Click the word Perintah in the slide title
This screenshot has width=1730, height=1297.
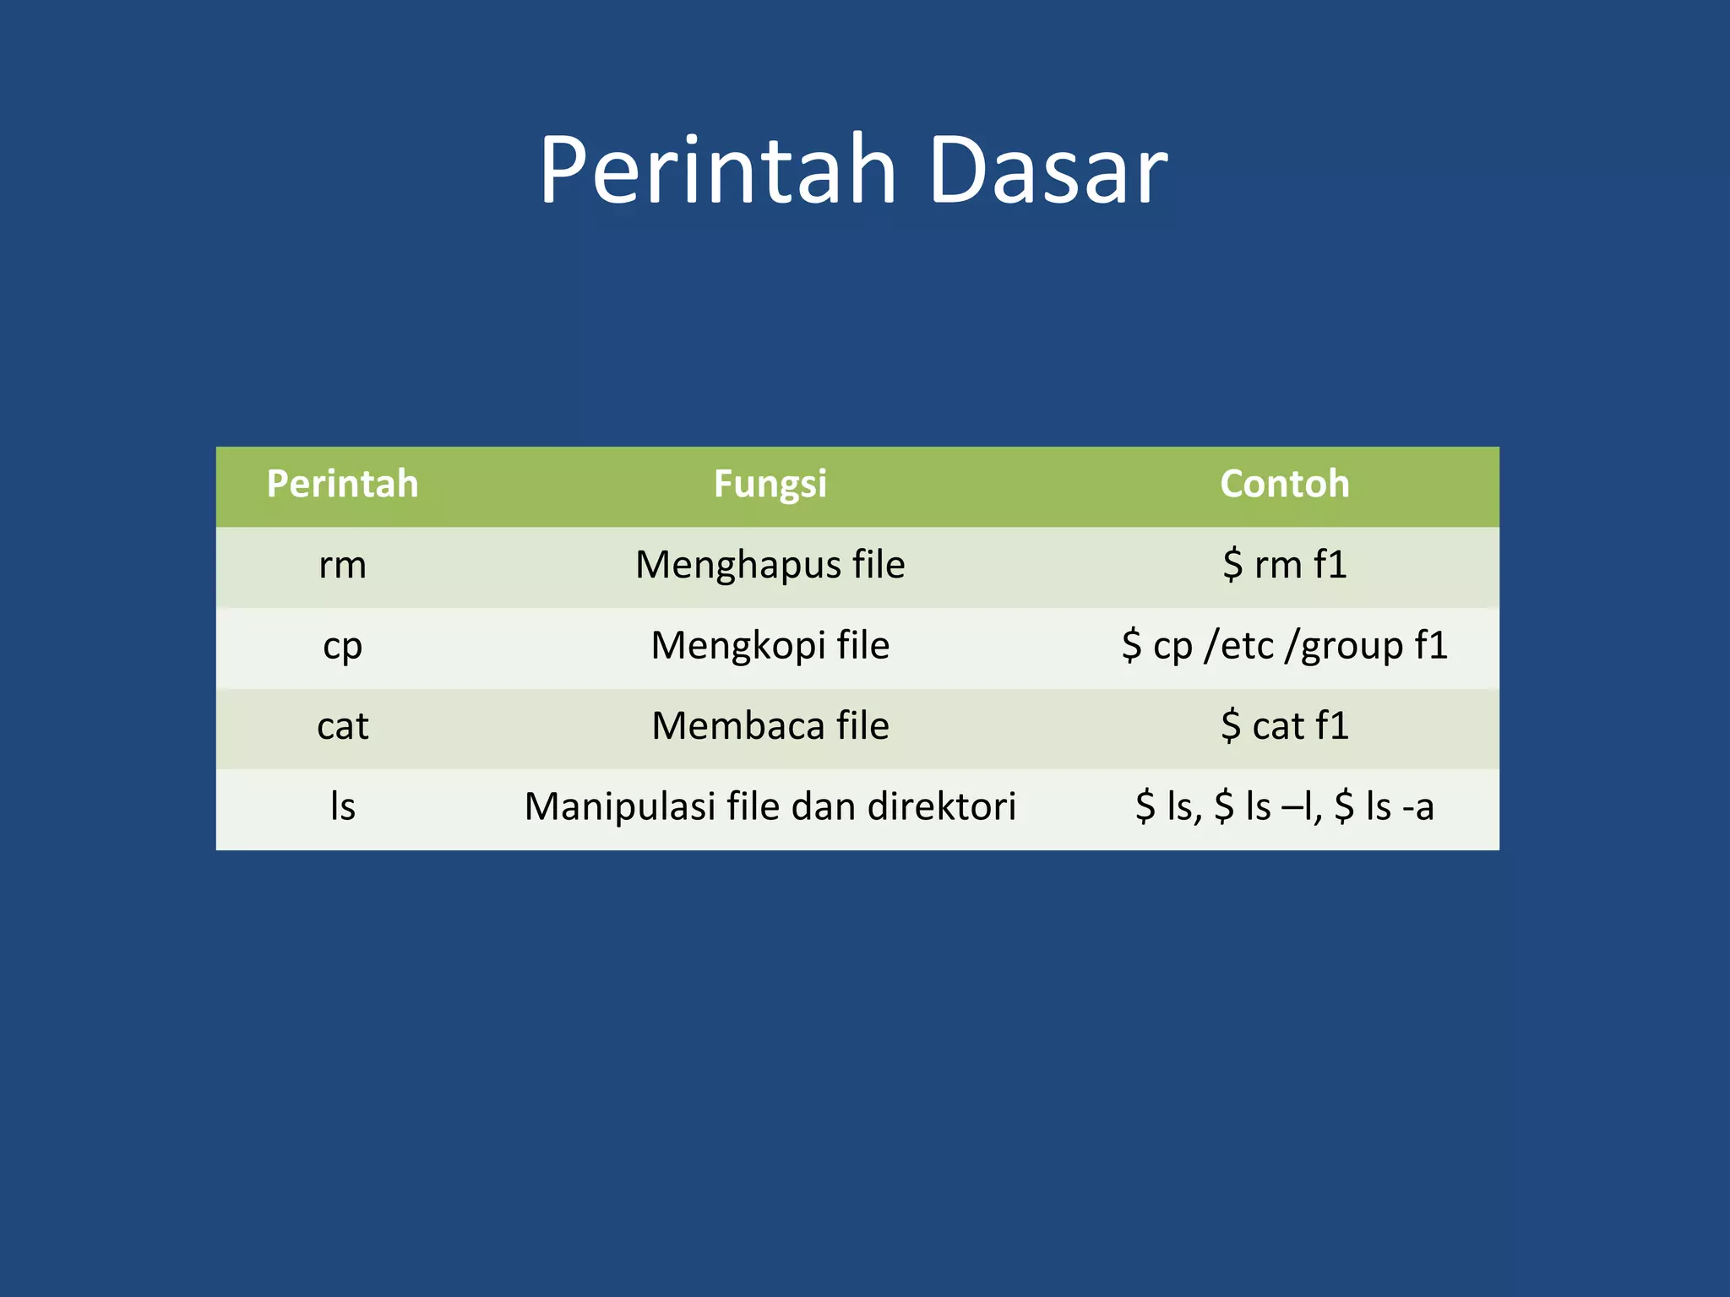coord(718,171)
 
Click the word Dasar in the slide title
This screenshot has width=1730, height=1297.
coord(1047,171)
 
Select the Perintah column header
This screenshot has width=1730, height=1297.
coord(342,485)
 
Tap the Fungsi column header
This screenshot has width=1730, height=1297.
coord(770,485)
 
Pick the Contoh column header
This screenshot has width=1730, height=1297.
coord(1284,485)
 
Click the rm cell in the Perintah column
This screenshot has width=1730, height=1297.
coord(342,565)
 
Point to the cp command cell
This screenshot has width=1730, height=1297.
coord(342,646)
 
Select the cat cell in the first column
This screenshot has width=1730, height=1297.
coord(342,726)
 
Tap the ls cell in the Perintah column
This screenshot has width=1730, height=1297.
coord(342,806)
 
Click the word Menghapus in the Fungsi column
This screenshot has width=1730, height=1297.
coord(737,565)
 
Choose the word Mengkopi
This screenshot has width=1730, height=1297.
coord(738,646)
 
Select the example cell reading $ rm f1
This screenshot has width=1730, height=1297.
coord(1284,565)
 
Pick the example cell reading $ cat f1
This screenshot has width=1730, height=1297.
coord(1284,726)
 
